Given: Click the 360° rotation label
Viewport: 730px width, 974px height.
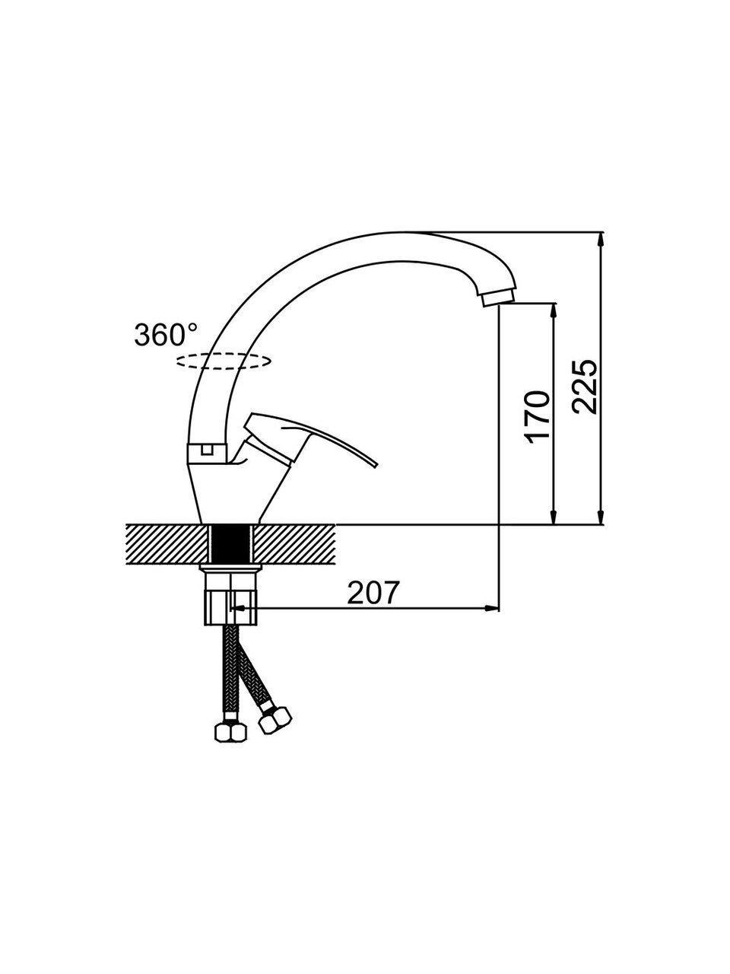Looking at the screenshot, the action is pyautogui.click(x=166, y=335).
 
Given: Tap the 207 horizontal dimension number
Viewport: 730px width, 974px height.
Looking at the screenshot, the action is pyautogui.click(x=373, y=592).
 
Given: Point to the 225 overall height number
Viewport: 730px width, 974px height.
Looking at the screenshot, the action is pyautogui.click(x=584, y=387).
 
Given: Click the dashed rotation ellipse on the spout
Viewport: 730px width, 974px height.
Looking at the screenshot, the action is pyautogui.click(x=223, y=361).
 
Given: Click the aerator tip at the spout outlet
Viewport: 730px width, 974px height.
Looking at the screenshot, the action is pyautogui.click(x=498, y=298).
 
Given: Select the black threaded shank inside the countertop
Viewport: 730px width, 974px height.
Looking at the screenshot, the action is pyautogui.click(x=230, y=544).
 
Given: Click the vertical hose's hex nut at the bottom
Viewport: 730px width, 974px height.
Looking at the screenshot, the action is pyautogui.click(x=230, y=733).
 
